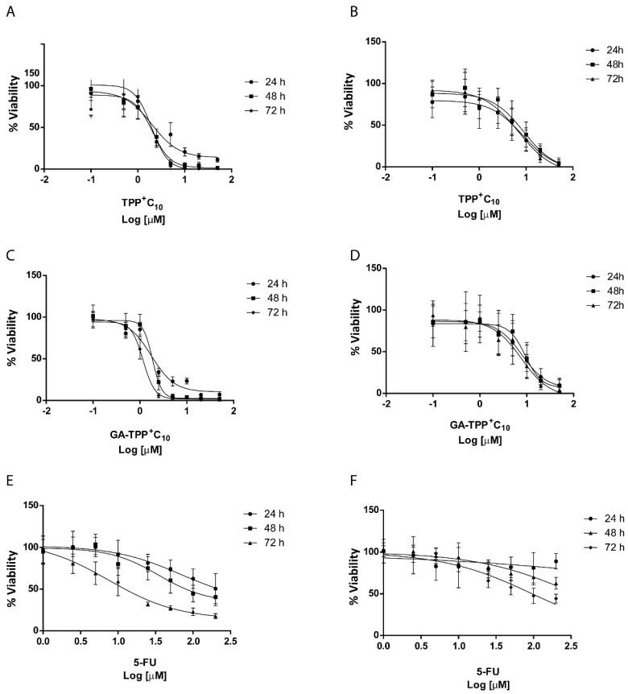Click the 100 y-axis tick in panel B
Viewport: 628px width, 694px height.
(369, 83)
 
